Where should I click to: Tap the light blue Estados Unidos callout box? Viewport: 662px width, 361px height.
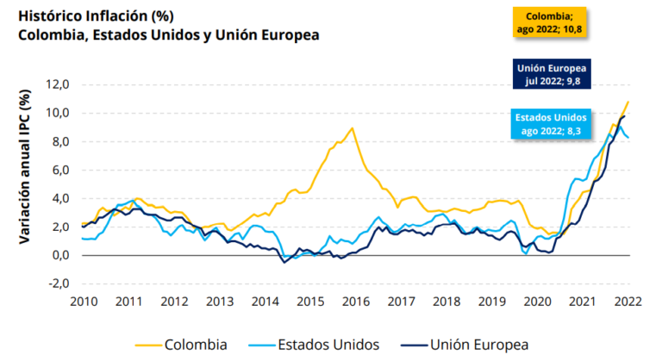pyautogui.click(x=551, y=124)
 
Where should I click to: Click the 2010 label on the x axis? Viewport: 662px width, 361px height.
pyautogui.click(x=84, y=302)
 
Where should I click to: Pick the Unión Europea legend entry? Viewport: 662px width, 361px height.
pyautogui.click(x=465, y=345)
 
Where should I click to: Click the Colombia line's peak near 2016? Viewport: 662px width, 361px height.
pyautogui.click(x=352, y=128)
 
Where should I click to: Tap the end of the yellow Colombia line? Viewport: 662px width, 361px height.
pyautogui.click(x=628, y=102)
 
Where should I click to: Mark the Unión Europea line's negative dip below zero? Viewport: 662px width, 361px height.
pyautogui.click(x=284, y=262)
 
